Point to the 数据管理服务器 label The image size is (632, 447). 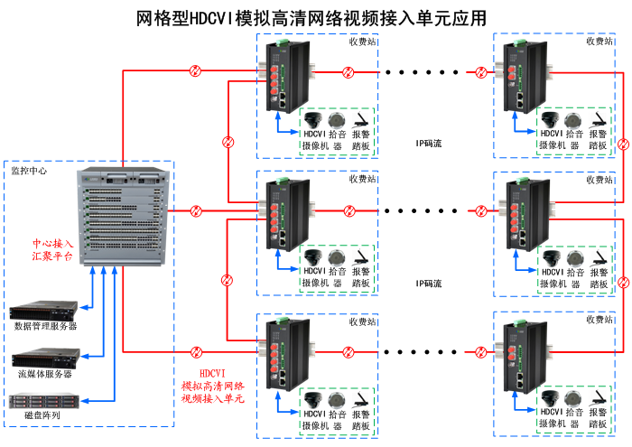[45, 326]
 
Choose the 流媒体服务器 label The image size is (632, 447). [45, 373]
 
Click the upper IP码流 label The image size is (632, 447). [429, 143]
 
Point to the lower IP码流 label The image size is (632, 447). [429, 284]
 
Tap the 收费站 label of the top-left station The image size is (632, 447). [362, 42]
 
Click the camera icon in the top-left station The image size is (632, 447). [313, 120]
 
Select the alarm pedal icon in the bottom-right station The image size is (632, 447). [598, 399]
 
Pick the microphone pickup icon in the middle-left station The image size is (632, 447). [337, 258]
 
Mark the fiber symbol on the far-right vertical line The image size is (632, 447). [623, 284]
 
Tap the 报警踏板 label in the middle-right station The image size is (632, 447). [598, 277]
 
